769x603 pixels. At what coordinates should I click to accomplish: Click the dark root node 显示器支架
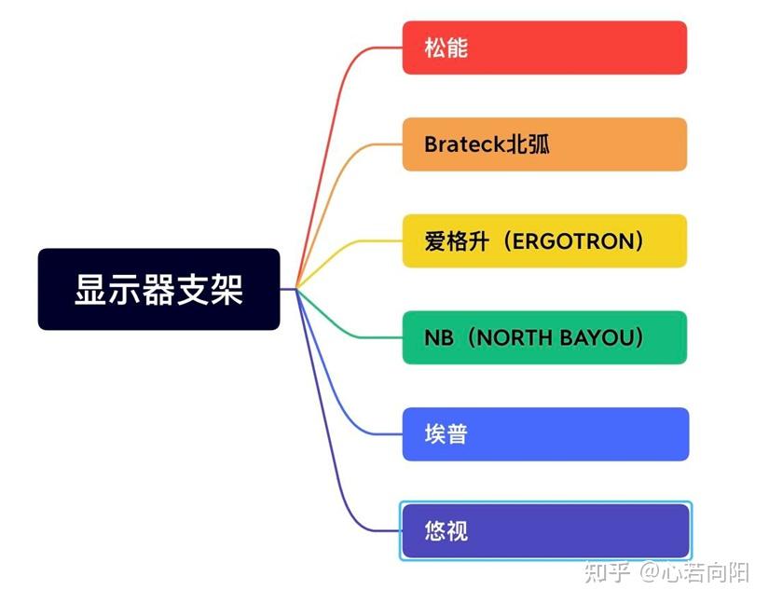coord(158,289)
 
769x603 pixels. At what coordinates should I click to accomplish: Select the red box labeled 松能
coord(544,48)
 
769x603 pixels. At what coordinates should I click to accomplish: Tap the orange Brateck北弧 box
coord(544,144)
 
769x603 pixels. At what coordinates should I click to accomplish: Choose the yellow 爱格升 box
coord(544,240)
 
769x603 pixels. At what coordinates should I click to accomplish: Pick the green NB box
coord(544,337)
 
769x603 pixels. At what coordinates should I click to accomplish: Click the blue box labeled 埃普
coord(544,434)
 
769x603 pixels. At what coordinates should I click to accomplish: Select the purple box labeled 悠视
coord(544,531)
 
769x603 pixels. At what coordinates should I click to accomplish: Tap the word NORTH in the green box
coord(515,337)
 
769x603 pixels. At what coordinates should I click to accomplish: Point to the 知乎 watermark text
coord(607,571)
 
